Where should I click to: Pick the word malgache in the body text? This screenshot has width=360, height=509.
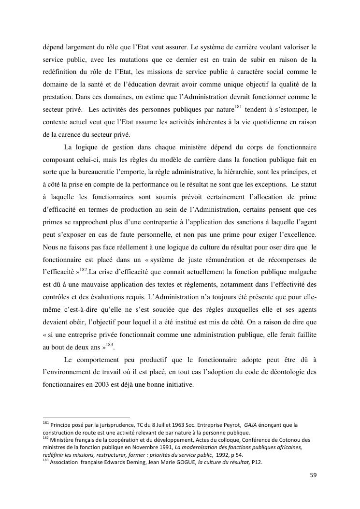302,272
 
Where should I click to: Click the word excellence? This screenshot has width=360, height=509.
298,234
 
